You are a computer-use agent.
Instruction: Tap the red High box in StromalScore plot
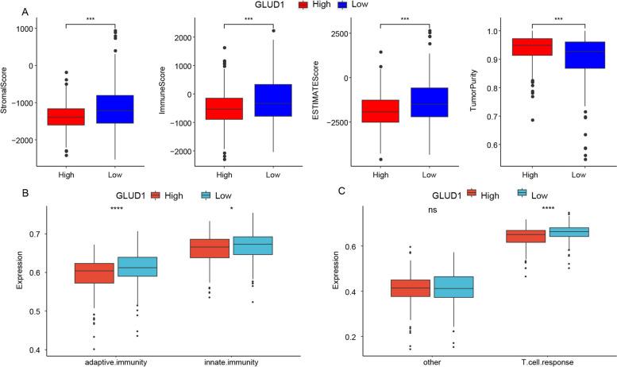pos(66,116)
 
